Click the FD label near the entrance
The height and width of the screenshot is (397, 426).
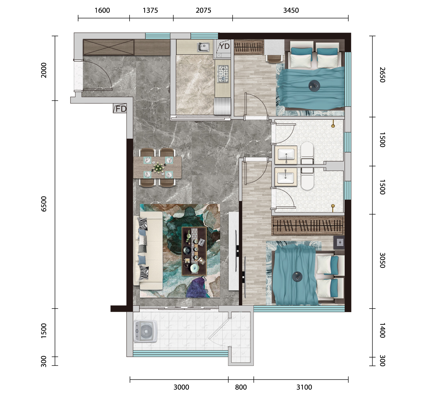[121, 109]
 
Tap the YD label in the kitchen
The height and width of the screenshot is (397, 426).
[224, 46]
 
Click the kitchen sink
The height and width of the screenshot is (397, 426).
[203, 47]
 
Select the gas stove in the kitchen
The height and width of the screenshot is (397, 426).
[223, 74]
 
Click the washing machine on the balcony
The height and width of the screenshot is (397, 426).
[145, 331]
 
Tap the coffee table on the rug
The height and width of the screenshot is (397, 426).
[194, 251]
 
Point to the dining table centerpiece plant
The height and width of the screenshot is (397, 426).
[158, 167]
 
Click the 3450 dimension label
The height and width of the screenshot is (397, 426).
[291, 10]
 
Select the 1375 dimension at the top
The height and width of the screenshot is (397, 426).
[150, 10]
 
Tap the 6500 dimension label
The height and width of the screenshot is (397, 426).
[43, 204]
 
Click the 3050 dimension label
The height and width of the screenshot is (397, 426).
[382, 260]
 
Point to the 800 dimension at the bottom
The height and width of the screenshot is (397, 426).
[241, 387]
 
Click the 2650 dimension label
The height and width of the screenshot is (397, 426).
[382, 75]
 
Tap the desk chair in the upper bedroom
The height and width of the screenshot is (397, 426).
[274, 58]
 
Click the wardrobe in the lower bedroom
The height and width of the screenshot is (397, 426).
[308, 226]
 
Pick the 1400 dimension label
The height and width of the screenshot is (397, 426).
[382, 330]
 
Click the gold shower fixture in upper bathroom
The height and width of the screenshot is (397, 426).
[333, 124]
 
